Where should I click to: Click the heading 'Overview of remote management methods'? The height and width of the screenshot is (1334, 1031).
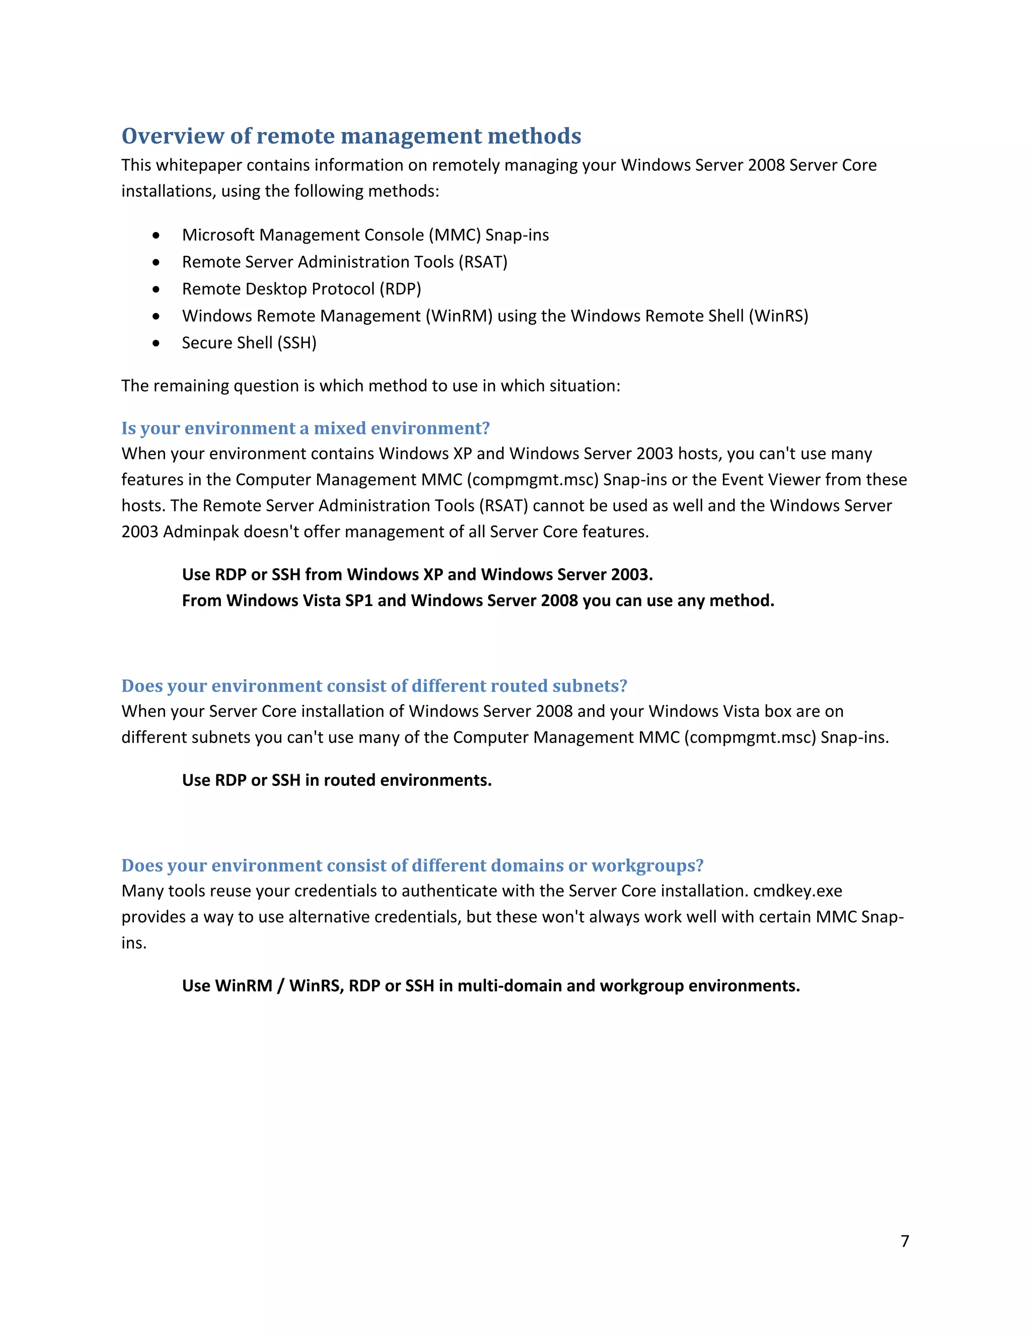pos(351,135)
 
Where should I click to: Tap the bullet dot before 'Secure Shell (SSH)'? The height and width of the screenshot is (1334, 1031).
pos(157,343)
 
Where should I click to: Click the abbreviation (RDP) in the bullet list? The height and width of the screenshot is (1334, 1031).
pos(400,289)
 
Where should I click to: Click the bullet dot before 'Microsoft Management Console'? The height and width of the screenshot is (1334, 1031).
pos(157,236)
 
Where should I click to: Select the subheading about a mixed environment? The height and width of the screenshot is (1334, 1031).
pos(306,428)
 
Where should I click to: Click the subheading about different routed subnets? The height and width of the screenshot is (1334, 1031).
pos(374,686)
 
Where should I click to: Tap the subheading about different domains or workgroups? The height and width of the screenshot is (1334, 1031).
pos(412,865)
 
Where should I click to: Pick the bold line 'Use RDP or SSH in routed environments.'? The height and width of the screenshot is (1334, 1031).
pos(337,781)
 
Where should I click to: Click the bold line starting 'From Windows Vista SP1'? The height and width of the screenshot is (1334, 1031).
pos(478,601)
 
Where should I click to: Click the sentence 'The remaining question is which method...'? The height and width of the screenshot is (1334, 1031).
pos(370,386)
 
